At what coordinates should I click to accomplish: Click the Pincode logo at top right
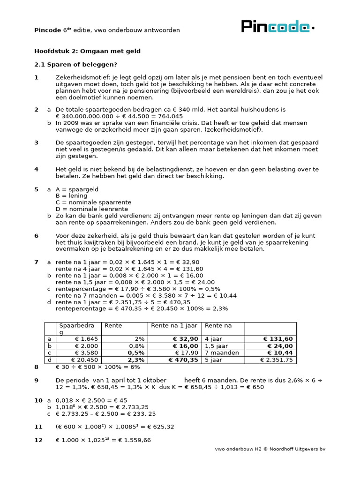[277, 27]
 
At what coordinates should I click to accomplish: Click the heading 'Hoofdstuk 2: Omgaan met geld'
[87, 51]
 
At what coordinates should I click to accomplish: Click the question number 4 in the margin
[36, 169]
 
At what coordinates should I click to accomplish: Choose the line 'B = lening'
[71, 196]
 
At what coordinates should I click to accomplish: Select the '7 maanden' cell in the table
[222, 353]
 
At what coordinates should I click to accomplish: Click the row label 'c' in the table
[49, 353]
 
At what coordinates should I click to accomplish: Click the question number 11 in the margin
[38, 427]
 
